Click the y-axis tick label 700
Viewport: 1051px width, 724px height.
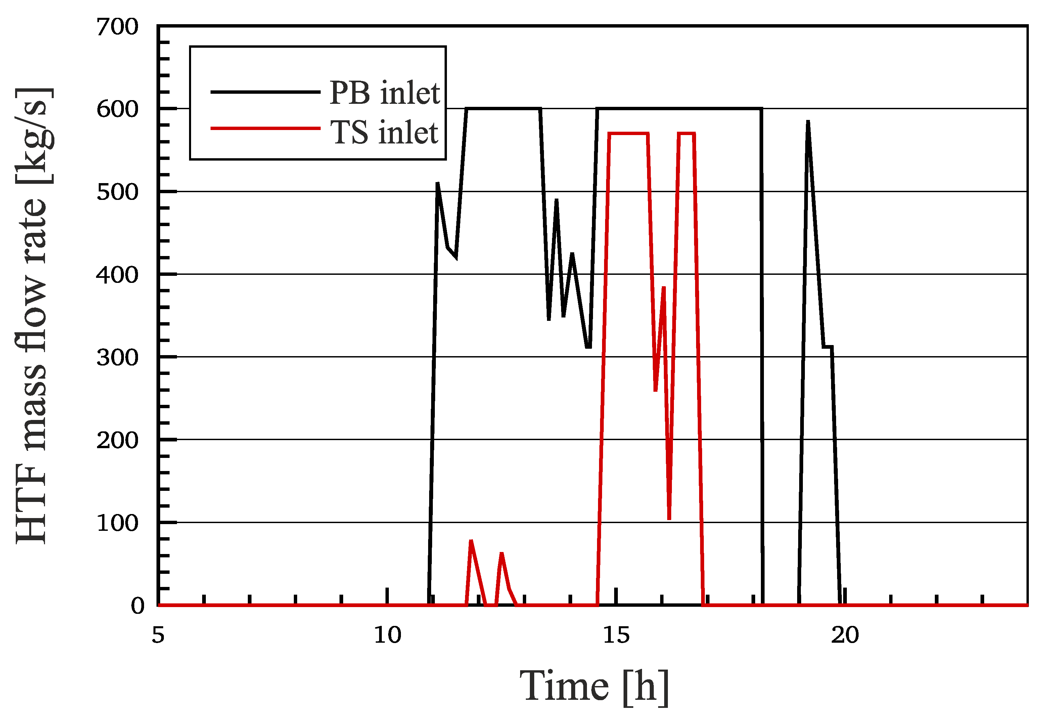tap(117, 27)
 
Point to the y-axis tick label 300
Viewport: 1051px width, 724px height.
tap(117, 358)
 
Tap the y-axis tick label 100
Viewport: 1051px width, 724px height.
tap(117, 523)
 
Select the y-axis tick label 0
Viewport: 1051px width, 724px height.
tap(137, 606)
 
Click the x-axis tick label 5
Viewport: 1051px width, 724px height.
tap(158, 635)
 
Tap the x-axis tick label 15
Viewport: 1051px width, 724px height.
tap(616, 635)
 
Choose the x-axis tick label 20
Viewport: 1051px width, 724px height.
tap(845, 635)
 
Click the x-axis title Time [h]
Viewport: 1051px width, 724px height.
tap(594, 686)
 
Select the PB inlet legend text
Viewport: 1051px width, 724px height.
tap(384, 93)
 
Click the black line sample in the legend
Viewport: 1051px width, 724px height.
tap(265, 92)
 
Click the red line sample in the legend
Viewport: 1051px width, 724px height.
tap(265, 129)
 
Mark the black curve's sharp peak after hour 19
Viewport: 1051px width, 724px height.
tap(808, 123)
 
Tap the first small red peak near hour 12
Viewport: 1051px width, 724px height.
tap(471, 541)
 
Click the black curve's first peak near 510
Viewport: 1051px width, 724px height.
tap(438, 184)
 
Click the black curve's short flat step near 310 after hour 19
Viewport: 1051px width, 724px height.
tap(827, 347)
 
